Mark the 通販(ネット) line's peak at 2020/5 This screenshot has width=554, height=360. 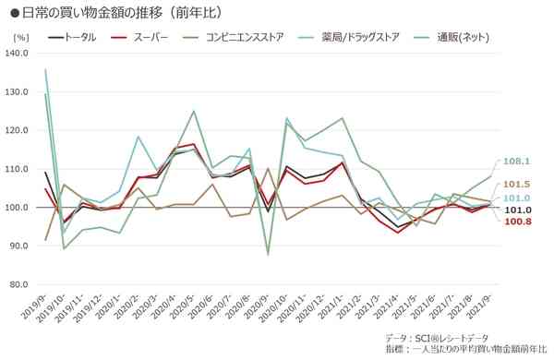click(x=194, y=112)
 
